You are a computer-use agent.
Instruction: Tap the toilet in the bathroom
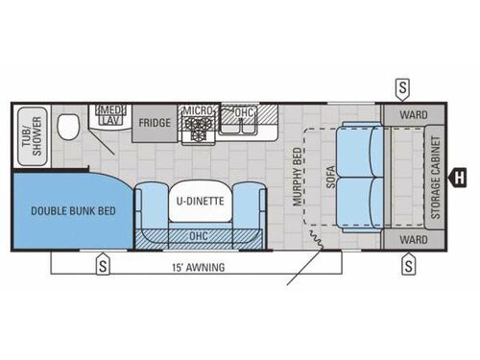tap(68, 127)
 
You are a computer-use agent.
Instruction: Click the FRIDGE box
tap(155, 123)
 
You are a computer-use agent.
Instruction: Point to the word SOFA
tap(329, 175)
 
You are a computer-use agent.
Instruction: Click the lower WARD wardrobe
tap(413, 238)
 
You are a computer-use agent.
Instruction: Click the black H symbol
tap(460, 176)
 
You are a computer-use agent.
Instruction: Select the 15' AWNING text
tap(201, 268)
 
